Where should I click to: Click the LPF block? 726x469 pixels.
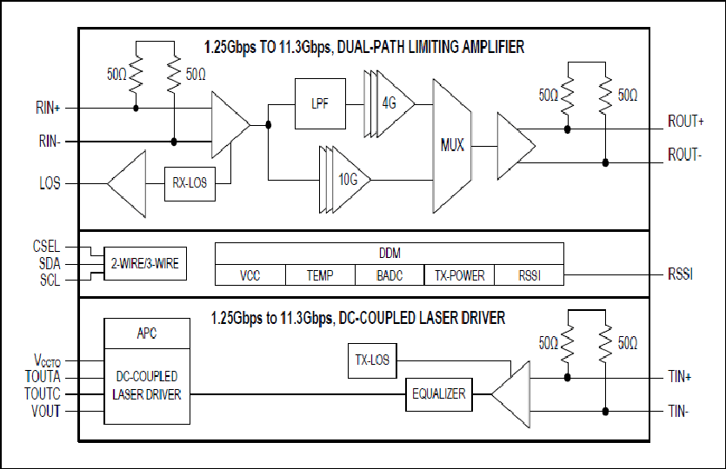click(x=320, y=103)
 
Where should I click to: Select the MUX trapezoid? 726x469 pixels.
click(x=452, y=146)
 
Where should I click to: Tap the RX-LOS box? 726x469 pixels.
click(x=190, y=183)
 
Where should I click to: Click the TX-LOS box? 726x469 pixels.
click(x=372, y=360)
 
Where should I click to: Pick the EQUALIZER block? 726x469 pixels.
click(x=439, y=394)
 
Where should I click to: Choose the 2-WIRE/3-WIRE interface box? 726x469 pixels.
click(x=145, y=263)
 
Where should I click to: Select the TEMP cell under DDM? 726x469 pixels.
click(x=320, y=275)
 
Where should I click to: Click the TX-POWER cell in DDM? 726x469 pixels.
click(x=459, y=275)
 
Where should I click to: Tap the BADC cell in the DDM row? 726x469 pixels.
click(x=390, y=275)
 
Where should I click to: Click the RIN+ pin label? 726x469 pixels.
click(x=48, y=108)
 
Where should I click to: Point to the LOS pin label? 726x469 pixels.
click(x=50, y=183)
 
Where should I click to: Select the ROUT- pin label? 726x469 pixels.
click(x=684, y=155)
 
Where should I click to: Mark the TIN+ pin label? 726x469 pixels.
click(x=679, y=376)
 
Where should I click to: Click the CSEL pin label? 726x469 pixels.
click(x=46, y=246)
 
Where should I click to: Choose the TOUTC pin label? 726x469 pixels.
click(x=42, y=393)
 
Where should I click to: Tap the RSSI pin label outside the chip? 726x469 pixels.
click(x=680, y=274)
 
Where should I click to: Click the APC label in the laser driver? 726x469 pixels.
click(x=147, y=333)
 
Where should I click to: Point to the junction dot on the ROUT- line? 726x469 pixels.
click(x=605, y=162)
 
